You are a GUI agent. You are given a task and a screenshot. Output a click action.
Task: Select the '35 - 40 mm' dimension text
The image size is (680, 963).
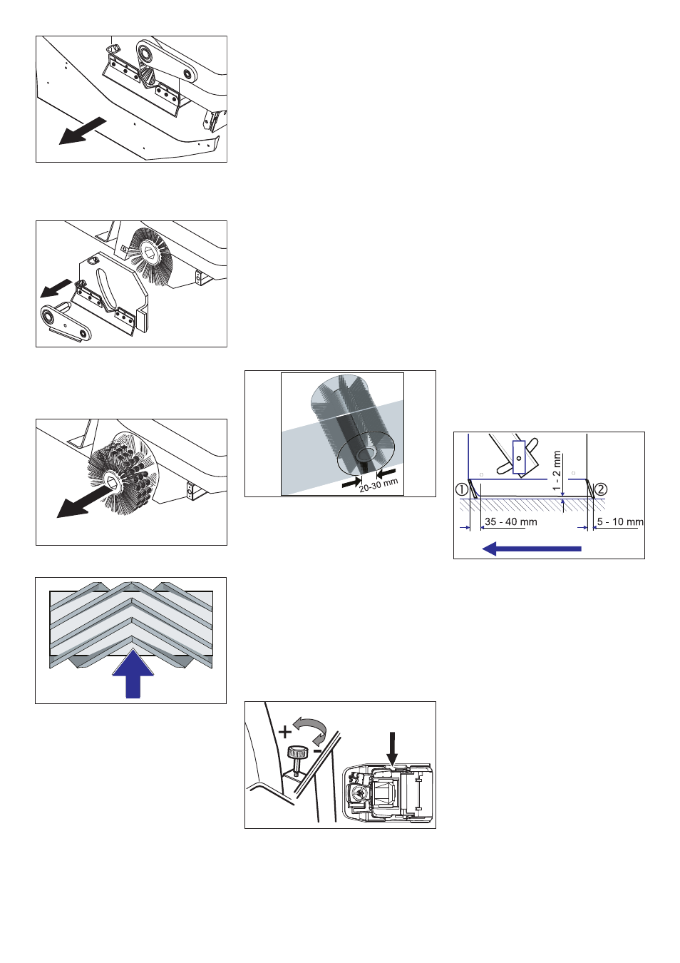coord(511,522)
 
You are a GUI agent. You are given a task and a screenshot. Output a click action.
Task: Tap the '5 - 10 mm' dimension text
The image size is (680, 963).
coord(620,522)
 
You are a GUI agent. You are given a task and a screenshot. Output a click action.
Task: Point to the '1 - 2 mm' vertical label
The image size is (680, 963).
coord(557,471)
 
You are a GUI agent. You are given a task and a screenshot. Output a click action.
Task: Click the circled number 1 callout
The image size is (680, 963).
coord(461,489)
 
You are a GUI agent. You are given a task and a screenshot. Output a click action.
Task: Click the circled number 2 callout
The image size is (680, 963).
coord(601,489)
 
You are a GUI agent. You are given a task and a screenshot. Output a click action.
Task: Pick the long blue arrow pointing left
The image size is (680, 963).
coord(532,549)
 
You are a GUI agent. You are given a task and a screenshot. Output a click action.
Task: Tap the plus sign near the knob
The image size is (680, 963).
coord(285,732)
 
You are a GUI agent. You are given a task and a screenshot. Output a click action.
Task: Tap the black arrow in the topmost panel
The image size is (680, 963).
coord(83,131)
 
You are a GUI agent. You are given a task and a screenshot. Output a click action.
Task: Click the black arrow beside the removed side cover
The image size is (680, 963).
coord(56,287)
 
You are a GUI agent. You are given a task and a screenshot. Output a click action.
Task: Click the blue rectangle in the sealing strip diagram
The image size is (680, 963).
coord(519,457)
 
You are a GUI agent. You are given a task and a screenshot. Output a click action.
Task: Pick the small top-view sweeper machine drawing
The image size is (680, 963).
coord(388,793)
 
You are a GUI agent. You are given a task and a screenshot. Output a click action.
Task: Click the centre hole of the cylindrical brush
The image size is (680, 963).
coord(366,453)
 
